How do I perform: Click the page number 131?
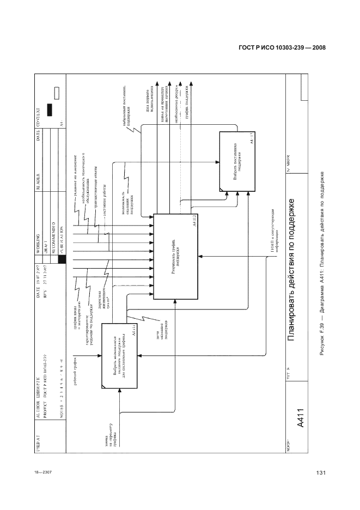(320, 472)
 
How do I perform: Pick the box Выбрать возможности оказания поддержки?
(120, 355)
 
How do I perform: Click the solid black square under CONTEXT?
(51, 110)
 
